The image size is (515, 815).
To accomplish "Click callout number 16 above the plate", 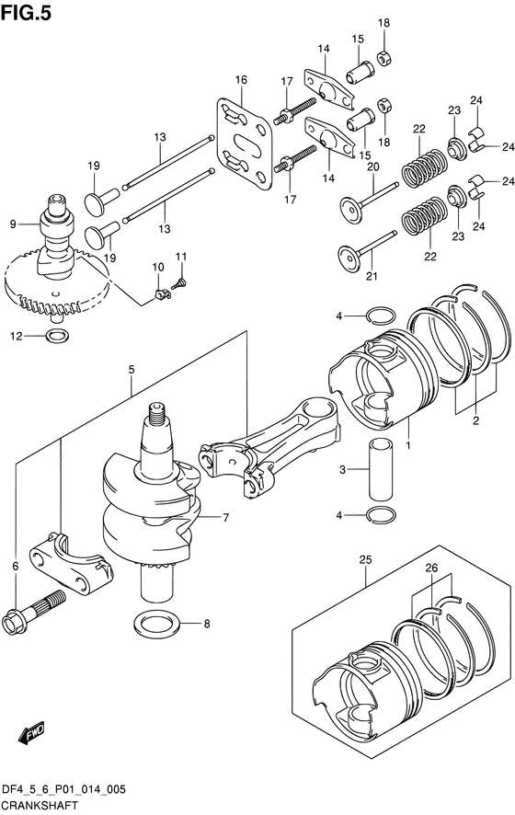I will (240, 81).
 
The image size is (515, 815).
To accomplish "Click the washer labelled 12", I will (55, 336).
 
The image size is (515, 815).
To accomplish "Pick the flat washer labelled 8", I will (157, 625).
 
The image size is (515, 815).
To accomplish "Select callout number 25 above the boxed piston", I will (365, 558).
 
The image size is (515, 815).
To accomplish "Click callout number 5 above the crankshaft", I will (132, 370).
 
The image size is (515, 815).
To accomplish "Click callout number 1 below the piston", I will (407, 447).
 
